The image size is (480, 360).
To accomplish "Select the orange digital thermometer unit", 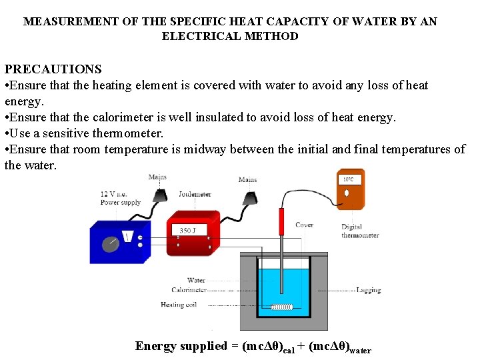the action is point(351,189).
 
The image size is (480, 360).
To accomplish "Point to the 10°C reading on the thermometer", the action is point(349,180).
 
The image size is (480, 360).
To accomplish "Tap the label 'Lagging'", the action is point(369,290).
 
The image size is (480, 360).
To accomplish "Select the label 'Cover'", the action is point(304,225).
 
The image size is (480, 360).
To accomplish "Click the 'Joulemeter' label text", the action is point(195,195).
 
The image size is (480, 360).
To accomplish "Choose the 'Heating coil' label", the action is point(179,305).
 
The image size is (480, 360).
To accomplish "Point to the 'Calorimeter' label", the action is point(189,290).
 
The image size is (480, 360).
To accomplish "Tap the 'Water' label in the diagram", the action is point(196,281).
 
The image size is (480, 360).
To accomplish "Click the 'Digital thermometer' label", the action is point(360,231).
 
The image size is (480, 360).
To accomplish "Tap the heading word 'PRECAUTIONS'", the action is point(53,69).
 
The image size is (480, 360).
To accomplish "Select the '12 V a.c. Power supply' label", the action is point(120,198).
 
